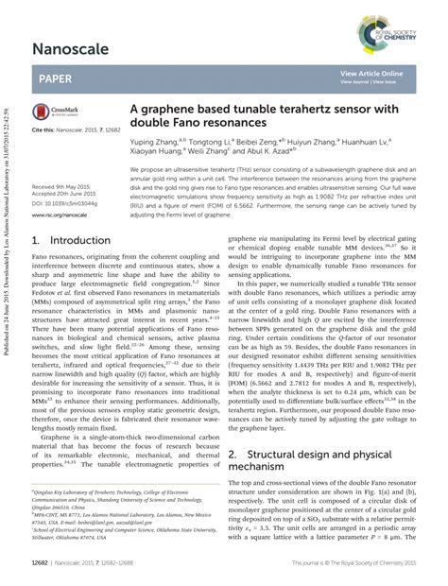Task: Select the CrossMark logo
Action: click(x=52, y=112)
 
